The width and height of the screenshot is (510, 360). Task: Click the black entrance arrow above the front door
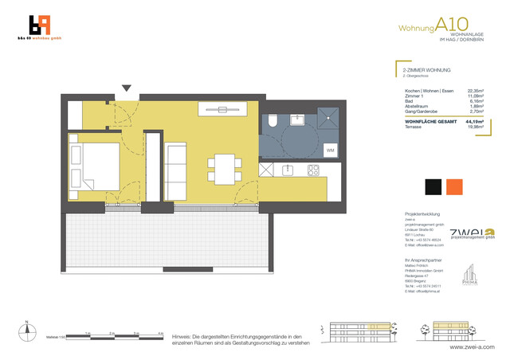[x=126, y=88]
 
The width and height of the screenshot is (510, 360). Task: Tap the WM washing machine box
[x=330, y=150]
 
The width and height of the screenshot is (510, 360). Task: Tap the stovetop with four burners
[x=313, y=170]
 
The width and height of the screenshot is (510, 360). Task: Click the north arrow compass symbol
[x=26, y=327]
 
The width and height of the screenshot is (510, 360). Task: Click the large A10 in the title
[x=448, y=27]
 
